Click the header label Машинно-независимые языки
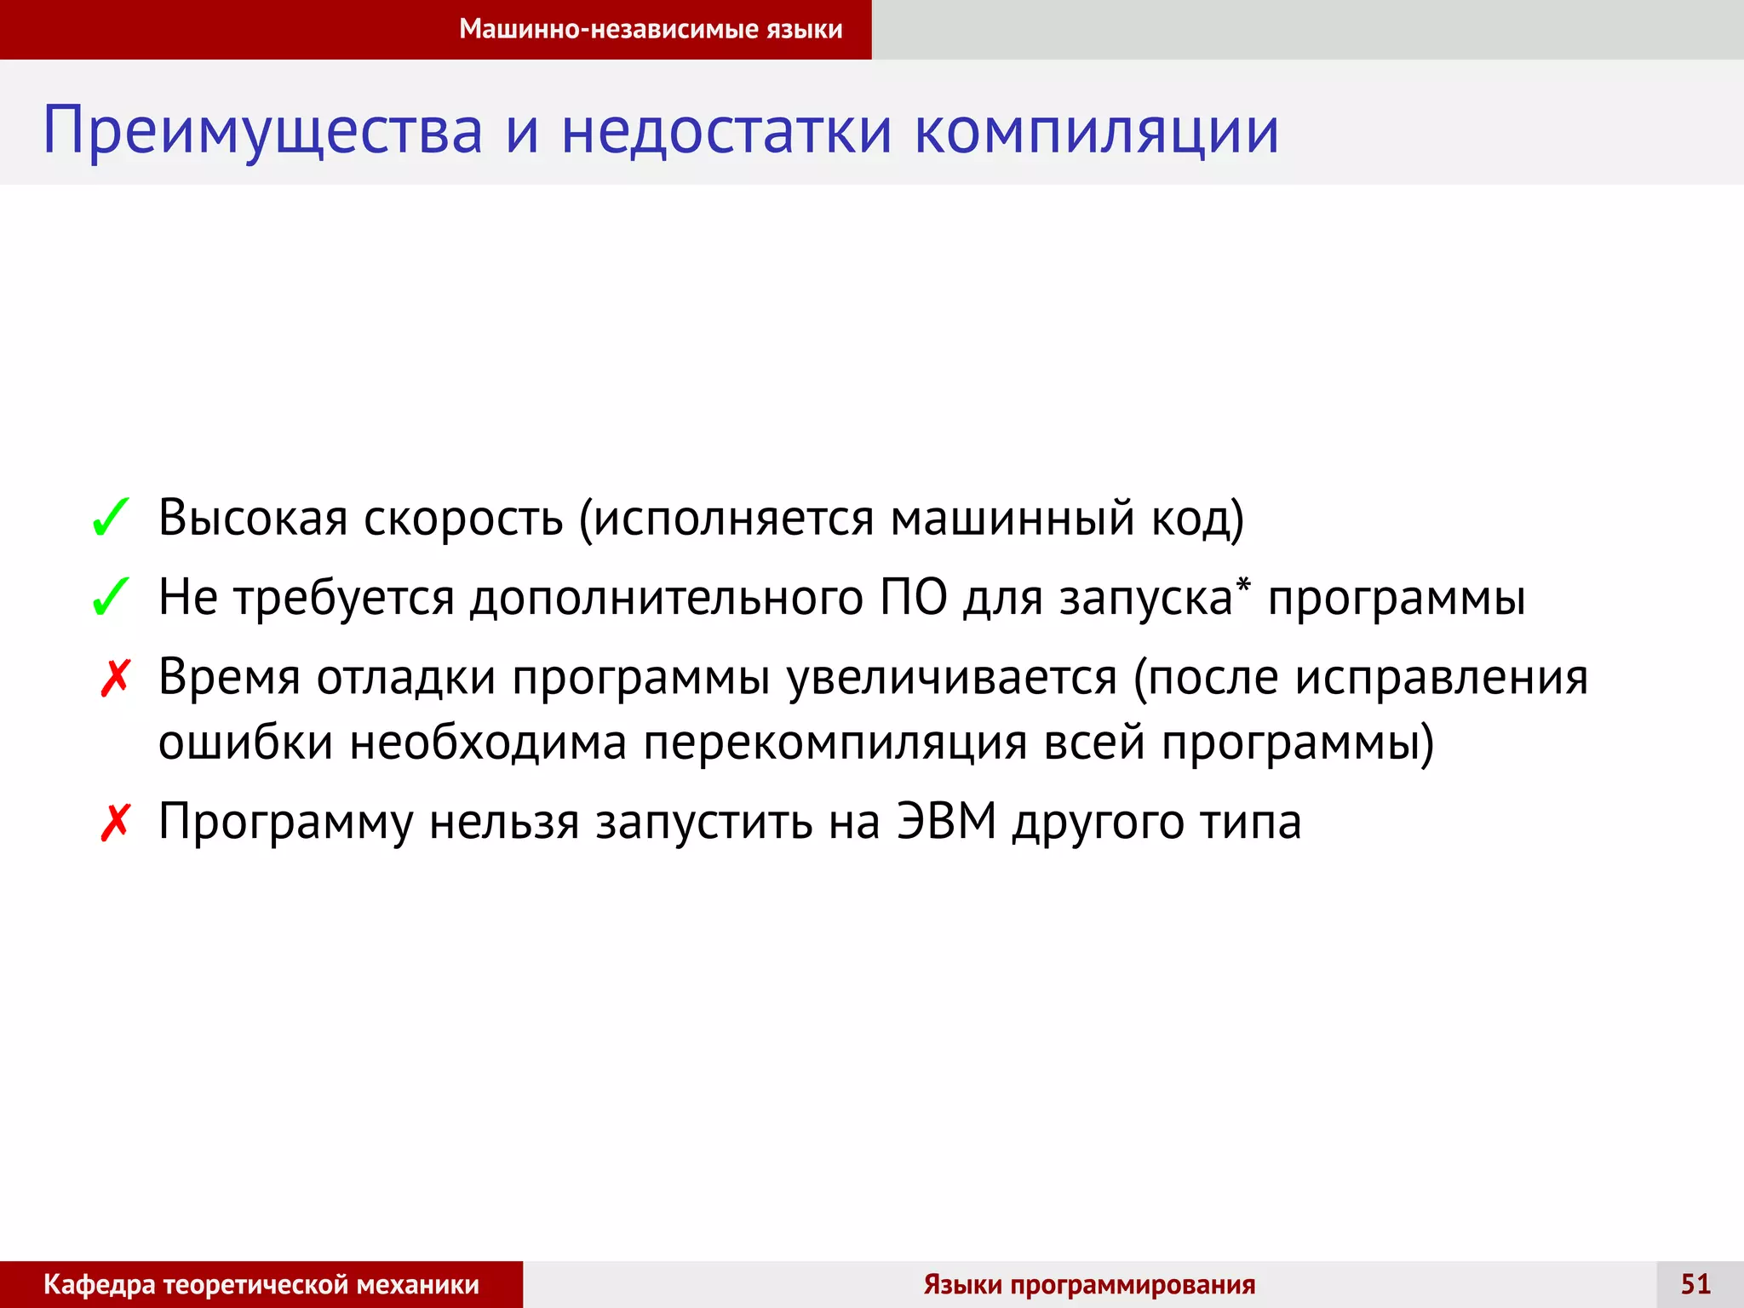click(x=651, y=29)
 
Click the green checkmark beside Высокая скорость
click(x=111, y=518)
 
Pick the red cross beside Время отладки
click(x=115, y=679)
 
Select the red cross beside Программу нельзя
click(x=115, y=823)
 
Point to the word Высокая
click(x=253, y=517)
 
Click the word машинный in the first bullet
click(x=1013, y=517)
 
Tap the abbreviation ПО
click(x=914, y=597)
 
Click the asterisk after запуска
click(x=1243, y=584)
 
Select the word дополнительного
click(x=667, y=597)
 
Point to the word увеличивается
click(x=952, y=679)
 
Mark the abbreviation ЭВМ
click(x=946, y=822)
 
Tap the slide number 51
click(x=1695, y=1284)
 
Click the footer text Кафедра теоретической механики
click(x=261, y=1284)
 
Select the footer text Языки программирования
click(x=1089, y=1284)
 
